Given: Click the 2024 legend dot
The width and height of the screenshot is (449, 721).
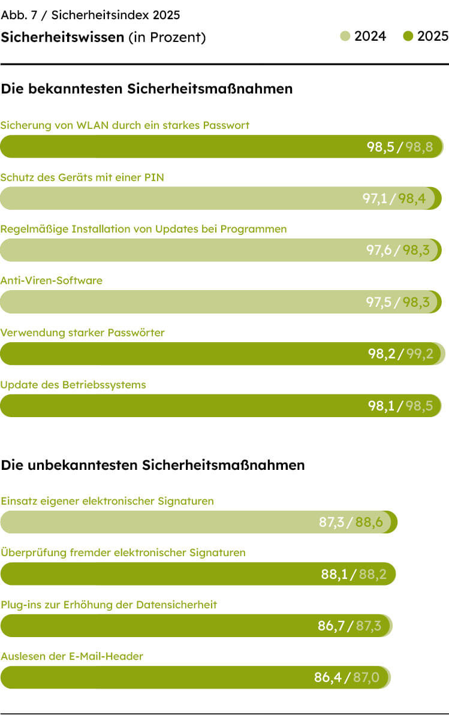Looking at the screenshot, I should pos(345,37).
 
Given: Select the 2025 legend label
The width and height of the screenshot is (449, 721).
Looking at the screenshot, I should pos(432,37).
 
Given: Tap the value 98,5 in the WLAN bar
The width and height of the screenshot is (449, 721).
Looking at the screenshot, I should pos(380,147).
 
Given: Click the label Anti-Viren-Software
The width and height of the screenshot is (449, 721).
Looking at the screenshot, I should pos(52,280).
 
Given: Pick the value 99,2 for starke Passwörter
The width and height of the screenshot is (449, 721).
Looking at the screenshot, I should pos(420,354).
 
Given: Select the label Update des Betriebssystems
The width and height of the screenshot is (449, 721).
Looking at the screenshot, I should pos(73,385).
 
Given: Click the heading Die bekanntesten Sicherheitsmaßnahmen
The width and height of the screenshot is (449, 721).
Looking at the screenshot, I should pos(147,89).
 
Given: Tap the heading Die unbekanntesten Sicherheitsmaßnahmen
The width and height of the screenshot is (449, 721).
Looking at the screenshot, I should pos(153,465).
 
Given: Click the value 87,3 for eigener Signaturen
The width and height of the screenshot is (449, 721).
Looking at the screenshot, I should pos(332,522).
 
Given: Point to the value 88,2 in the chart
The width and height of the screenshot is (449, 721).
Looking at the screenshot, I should pos(372,574).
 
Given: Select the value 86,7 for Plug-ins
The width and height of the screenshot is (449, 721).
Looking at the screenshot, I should pos(331,626).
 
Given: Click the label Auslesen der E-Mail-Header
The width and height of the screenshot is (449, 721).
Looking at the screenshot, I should pos(72,656).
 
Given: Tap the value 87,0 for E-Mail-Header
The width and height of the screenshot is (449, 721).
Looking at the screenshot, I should pos(366,678).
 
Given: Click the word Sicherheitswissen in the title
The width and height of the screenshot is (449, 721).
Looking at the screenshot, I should pos(62,37).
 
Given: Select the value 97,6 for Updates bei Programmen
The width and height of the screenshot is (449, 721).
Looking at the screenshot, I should pos(379,251).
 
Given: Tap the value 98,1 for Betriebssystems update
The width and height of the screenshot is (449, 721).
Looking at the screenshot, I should pos(381,406).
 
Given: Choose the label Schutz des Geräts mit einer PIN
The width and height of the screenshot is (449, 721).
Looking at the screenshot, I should pos(82,177).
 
